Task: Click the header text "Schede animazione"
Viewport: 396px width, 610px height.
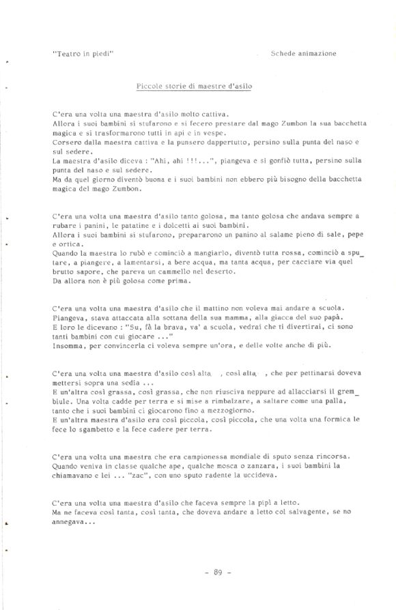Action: point(303,53)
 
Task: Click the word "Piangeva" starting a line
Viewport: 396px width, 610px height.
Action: point(67,317)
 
